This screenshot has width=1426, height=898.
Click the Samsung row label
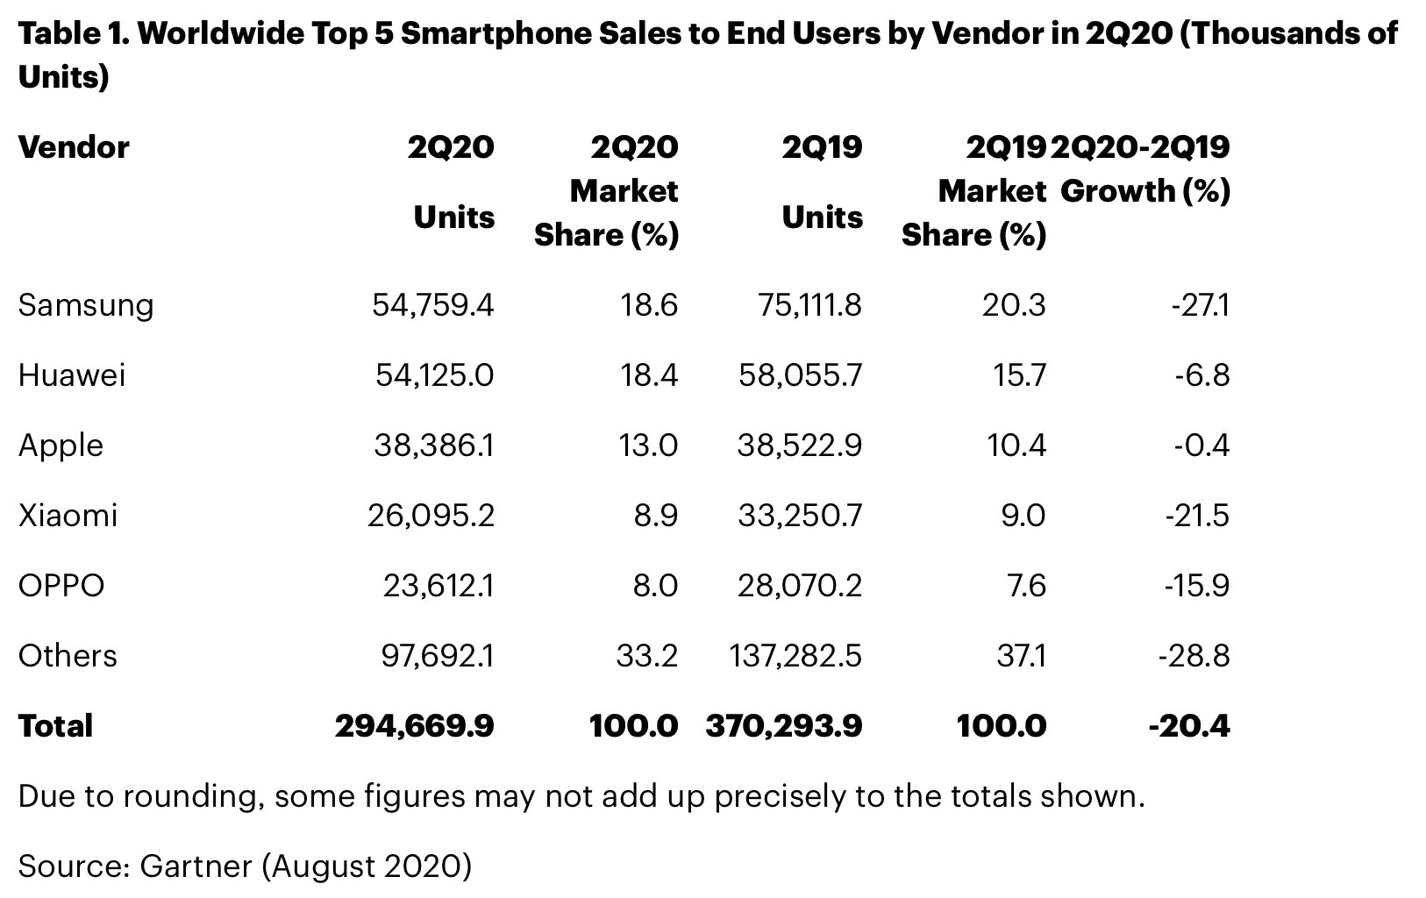[x=85, y=305]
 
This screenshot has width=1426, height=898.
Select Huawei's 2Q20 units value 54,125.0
[x=434, y=375]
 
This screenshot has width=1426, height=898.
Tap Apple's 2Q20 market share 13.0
[x=648, y=445]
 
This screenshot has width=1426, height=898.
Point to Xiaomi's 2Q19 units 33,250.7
[x=799, y=516]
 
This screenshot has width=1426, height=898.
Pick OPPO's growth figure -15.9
[x=1196, y=586]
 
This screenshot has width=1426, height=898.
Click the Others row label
[x=68, y=656]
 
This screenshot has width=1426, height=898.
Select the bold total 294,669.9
[x=414, y=726]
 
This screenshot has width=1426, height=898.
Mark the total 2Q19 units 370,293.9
[x=783, y=726]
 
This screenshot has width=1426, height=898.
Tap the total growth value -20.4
[x=1189, y=726]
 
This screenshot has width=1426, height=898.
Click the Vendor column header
[x=74, y=147]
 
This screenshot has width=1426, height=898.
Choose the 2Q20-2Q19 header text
[x=1140, y=147]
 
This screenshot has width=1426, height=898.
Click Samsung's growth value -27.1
[x=1199, y=305]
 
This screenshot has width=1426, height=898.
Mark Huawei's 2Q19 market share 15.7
[x=1020, y=375]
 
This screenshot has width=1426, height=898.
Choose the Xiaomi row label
[x=68, y=516]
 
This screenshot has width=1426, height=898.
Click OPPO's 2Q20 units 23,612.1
[x=438, y=586]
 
